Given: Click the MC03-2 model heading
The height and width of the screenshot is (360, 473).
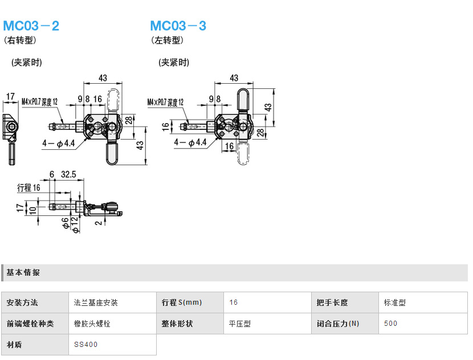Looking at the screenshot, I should (31, 26).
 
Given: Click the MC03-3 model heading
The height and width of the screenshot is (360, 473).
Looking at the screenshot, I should (178, 26).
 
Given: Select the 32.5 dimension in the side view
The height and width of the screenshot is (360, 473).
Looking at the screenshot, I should (68, 174).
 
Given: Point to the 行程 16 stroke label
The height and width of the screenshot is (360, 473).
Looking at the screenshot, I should (28, 187).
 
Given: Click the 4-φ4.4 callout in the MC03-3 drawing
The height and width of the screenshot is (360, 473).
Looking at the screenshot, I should (190, 142).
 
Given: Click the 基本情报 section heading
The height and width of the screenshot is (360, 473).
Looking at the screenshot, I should (23, 273).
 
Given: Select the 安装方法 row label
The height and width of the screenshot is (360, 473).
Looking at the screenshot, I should (23, 302).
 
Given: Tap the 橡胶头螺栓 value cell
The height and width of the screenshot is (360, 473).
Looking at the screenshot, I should (92, 324).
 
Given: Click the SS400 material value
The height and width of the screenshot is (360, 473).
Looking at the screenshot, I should (86, 345).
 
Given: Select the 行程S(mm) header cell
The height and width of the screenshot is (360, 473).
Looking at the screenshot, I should (182, 302).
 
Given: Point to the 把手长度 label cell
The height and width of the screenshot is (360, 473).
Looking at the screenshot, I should (332, 302).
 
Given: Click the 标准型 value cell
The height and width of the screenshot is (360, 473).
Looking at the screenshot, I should (395, 302).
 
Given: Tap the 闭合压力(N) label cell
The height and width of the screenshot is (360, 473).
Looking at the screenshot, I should (339, 324).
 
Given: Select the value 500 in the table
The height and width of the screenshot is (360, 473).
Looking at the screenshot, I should (391, 324).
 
